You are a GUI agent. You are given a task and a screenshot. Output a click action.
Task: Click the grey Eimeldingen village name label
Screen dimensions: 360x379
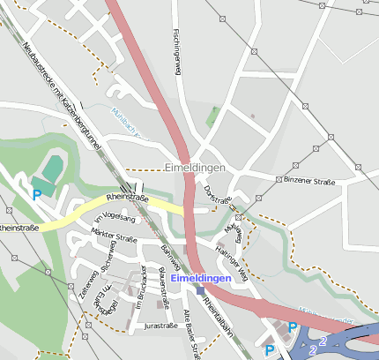[195, 167]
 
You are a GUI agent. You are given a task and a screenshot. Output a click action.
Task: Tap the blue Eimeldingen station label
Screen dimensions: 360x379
[200, 279]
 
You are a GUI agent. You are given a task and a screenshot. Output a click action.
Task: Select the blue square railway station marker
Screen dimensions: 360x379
[200, 290]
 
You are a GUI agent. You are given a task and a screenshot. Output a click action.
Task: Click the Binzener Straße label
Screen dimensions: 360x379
[309, 179]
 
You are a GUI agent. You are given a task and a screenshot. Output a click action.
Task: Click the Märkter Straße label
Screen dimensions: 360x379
[115, 237]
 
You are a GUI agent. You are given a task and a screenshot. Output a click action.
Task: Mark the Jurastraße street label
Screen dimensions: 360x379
[160, 326]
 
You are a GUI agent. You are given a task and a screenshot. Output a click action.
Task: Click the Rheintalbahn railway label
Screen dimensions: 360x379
[217, 312]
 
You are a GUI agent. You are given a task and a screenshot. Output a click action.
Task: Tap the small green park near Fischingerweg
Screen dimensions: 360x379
[212, 115]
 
